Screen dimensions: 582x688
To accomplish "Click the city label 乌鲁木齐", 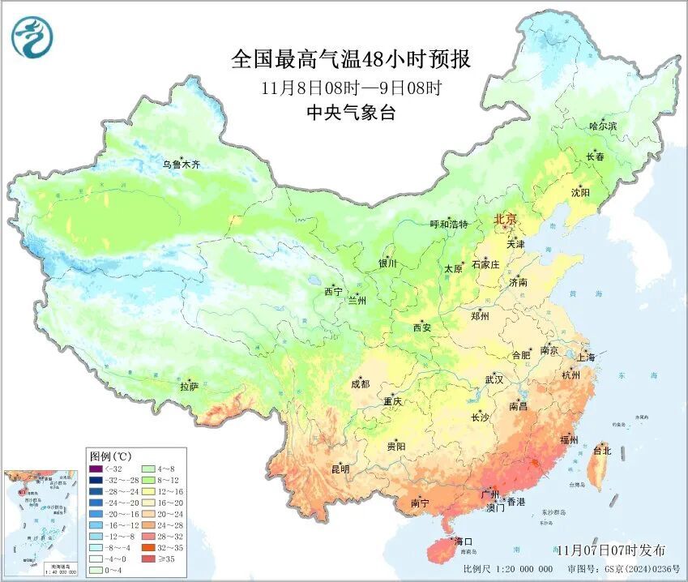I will tap(180, 165).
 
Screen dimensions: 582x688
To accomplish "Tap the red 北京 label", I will tap(505, 220).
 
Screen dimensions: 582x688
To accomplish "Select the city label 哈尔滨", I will tap(602, 126).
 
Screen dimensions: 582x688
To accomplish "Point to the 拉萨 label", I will tap(189, 387).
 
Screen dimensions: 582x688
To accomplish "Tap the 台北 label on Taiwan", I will tap(602, 450).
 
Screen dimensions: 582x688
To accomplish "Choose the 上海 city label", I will tap(585, 357).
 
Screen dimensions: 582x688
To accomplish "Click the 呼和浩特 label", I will tap(448, 224).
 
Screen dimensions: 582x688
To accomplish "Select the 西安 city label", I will tap(422, 327).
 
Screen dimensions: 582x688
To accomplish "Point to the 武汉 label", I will tap(494, 379).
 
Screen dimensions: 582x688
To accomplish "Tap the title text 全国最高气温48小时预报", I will tap(351, 60).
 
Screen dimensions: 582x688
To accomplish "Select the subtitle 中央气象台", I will tap(351, 113).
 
